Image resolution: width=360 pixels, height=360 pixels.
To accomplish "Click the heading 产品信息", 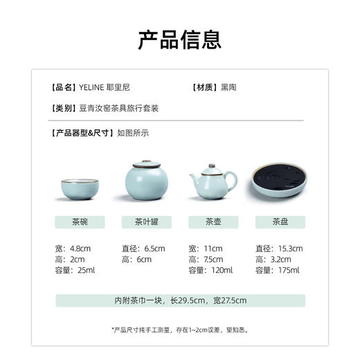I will tap(179, 39).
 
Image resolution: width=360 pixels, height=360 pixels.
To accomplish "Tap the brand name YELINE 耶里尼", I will tap(104, 88).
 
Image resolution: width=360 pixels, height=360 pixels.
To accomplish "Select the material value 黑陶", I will tap(228, 88).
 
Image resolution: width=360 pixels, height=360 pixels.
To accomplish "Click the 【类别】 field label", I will tap(64, 109).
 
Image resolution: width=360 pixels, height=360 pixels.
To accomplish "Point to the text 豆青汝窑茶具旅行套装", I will tap(120, 109).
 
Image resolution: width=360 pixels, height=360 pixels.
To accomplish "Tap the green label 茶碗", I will tap(79, 222).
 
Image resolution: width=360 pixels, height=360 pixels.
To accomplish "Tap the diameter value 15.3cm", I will tap(289, 248).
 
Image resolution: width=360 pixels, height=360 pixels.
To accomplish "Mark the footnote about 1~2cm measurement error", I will tap(179, 330).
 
